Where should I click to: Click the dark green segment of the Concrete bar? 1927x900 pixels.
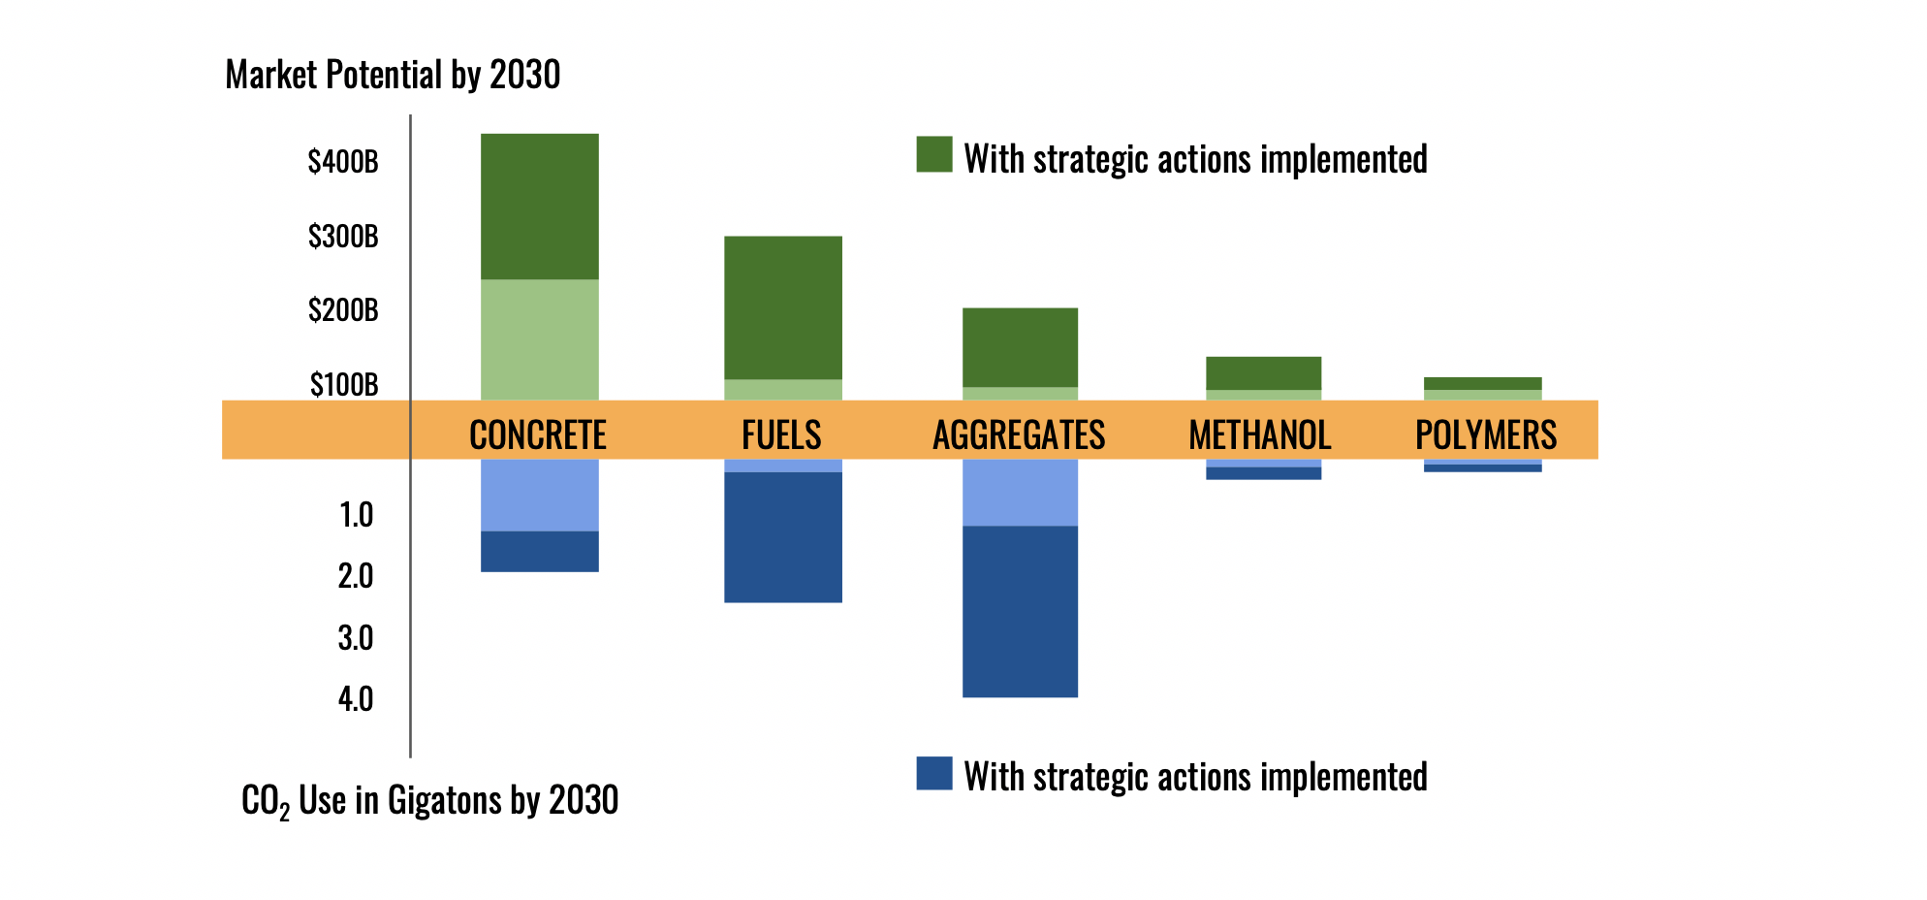point(539,206)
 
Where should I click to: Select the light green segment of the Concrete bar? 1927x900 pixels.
point(539,339)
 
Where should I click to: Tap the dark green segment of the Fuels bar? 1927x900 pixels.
point(782,307)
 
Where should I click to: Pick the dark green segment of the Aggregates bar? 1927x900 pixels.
point(1020,347)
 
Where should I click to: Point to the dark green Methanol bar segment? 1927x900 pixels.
point(1263,373)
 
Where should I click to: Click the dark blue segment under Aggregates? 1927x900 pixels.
point(1020,611)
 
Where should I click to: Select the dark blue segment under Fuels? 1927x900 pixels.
point(782,537)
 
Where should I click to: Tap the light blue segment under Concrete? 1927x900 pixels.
point(539,495)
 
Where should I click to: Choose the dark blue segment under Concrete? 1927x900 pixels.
point(539,551)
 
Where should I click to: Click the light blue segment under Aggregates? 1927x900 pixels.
point(1020,492)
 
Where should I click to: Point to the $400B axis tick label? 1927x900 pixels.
point(343,162)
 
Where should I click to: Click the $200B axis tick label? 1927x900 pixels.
point(343,311)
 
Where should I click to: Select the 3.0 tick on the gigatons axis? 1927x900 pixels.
point(356,638)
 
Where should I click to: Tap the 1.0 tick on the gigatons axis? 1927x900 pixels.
point(356,515)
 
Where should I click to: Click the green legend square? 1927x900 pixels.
point(933,154)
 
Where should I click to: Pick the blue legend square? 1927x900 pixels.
point(933,773)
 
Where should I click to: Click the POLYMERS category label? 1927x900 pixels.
point(1485,434)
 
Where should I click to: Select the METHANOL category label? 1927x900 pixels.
point(1260,434)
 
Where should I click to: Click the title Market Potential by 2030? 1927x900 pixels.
point(393,75)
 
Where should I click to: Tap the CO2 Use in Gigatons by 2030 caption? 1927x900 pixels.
point(429,801)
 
